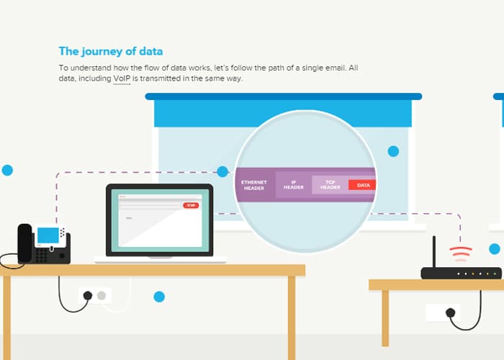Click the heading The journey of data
[x=111, y=51]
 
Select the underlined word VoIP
[x=121, y=78]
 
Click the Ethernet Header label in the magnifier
[x=254, y=185]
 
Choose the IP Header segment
[x=293, y=185]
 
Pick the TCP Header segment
[x=330, y=185]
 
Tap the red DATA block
[x=363, y=185]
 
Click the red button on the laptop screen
[x=190, y=205]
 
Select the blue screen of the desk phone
[x=48, y=235]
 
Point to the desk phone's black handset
[x=25, y=243]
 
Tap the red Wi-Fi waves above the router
[x=460, y=253]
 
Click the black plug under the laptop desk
[x=89, y=295]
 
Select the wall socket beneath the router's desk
[x=442, y=312]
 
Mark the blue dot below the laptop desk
[x=159, y=297]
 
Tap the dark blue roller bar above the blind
[x=283, y=96]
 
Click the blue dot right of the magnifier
[x=393, y=151]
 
